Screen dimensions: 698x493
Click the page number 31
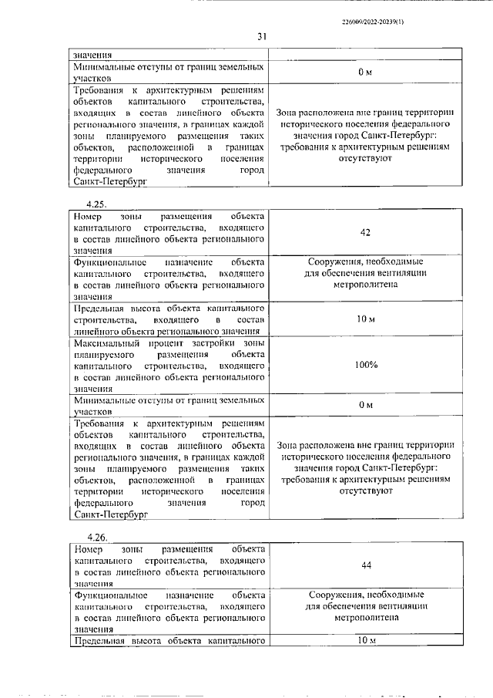point(261,36)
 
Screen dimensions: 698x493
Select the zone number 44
point(366,565)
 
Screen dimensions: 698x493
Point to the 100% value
point(366,365)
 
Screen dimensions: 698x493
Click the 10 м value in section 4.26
point(366,641)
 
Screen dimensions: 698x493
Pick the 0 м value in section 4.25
point(366,406)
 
